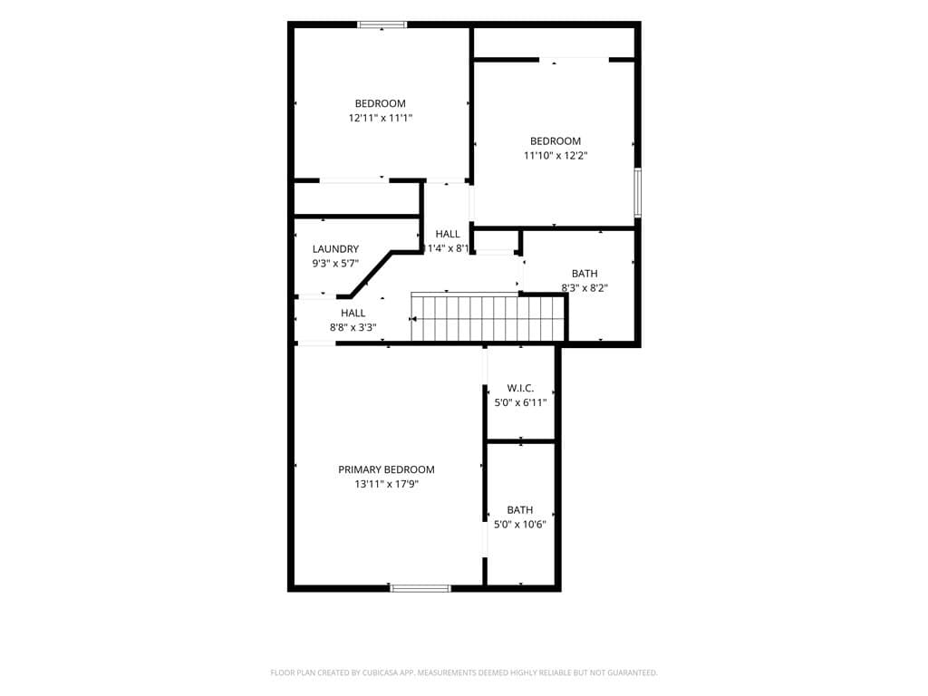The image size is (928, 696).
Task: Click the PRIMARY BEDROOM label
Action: click(386, 469)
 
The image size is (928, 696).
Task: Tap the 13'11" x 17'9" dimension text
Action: click(386, 484)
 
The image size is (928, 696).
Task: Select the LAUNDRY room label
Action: click(335, 249)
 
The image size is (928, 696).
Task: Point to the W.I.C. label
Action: click(520, 388)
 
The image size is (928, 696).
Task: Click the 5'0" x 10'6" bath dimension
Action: click(520, 525)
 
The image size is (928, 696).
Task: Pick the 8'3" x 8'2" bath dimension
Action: click(585, 288)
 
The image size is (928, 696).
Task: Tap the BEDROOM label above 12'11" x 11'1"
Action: click(380, 103)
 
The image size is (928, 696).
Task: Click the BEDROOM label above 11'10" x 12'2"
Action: click(556, 140)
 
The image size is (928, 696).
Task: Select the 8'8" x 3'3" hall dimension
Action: click(353, 327)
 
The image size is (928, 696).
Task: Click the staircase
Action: click(488, 318)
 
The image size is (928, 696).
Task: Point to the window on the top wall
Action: click(382, 24)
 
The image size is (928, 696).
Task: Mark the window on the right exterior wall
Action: click(638, 193)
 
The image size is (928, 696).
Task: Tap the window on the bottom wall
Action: click(420, 588)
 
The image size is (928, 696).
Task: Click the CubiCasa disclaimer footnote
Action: click(464, 672)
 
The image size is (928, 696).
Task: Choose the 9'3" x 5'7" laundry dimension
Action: click(335, 264)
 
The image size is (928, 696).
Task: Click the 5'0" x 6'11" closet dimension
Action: click(520, 403)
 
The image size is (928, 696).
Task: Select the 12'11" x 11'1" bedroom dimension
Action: click(380, 118)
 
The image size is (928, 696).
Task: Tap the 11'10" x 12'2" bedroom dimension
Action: click(556, 156)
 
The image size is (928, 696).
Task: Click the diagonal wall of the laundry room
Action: click(371, 274)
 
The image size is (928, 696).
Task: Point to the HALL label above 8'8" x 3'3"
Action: click(353, 313)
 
